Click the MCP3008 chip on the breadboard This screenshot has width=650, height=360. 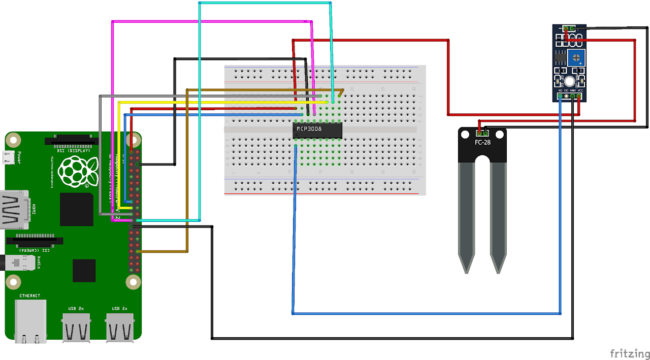coord(318,130)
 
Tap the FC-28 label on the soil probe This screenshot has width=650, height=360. coord(482,142)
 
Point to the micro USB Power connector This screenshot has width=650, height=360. coord(9,158)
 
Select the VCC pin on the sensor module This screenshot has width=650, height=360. coord(579,96)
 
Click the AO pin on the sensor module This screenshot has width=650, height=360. coord(560,96)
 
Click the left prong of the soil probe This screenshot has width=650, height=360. coord(467,218)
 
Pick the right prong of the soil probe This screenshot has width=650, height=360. coord(498,218)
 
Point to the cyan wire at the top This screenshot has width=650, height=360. coord(264,3)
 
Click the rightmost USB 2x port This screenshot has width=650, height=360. coord(120,328)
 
